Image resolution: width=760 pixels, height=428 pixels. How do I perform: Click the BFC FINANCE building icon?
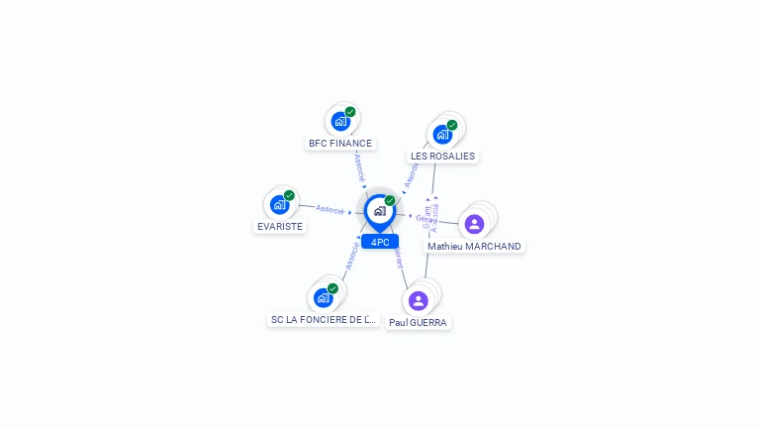(340, 122)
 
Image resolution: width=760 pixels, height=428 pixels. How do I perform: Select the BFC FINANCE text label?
(340, 144)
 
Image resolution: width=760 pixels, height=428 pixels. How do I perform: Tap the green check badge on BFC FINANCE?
(350, 112)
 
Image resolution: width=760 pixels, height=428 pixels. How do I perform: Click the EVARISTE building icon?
(279, 205)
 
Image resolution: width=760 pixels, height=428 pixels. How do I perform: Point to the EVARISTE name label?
(280, 226)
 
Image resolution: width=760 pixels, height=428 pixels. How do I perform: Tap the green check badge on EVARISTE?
(289, 195)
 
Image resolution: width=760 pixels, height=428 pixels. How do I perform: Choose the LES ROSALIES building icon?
(442, 135)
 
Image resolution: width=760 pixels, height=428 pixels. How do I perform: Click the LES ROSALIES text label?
(443, 157)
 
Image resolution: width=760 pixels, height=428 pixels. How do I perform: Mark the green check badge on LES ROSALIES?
(452, 125)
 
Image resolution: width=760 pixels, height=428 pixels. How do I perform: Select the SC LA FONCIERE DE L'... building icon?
(323, 298)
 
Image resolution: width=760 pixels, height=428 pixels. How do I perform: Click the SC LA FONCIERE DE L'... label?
(324, 320)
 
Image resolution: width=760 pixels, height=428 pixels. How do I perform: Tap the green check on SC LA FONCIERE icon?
(332, 288)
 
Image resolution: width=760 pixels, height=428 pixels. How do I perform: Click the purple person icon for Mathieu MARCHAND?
(474, 224)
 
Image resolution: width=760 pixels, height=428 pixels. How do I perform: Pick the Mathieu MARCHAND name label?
(474, 247)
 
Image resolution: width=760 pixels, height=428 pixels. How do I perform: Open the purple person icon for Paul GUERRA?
(418, 300)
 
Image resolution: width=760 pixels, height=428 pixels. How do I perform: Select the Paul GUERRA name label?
(418, 323)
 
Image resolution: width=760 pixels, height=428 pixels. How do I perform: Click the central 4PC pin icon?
(379, 211)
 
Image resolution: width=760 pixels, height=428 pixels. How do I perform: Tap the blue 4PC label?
(380, 242)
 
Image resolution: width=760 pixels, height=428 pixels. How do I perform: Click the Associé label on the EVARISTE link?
(330, 209)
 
